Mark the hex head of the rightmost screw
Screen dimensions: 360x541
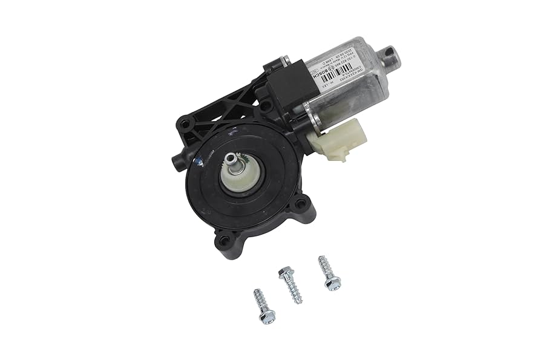coord(332,281)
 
